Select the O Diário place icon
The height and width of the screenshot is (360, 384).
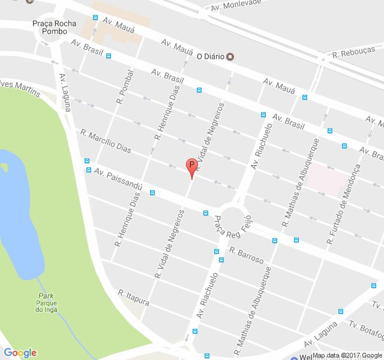point(230,57)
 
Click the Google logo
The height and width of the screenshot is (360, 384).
point(20,353)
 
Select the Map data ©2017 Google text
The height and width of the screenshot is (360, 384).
point(347,355)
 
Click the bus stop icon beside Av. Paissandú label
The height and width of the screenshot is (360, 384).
point(88,161)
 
